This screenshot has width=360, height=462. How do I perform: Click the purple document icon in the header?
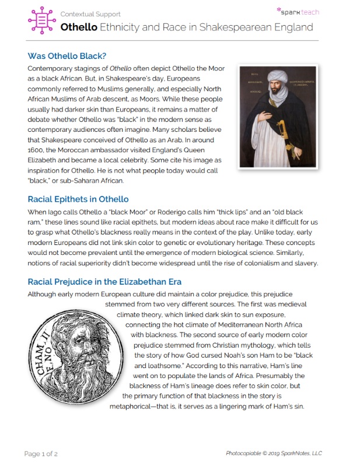[41, 21]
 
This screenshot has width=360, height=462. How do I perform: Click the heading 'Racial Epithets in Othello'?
[78, 198]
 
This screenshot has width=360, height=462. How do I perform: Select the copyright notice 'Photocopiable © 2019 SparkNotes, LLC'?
[274, 453]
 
